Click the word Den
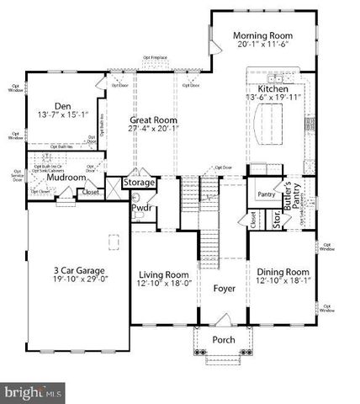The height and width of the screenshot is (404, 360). click(61, 106)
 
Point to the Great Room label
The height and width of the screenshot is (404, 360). click(151, 120)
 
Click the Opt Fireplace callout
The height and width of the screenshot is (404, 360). click(156, 57)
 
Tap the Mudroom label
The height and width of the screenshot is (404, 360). click(67, 178)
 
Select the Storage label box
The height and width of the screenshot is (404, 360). click(139, 182)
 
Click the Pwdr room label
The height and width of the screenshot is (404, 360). click(140, 208)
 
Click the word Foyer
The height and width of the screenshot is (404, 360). click(224, 289)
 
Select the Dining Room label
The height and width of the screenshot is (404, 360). click(283, 273)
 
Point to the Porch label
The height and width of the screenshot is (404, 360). click(223, 340)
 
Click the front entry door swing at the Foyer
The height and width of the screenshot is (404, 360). click(224, 320)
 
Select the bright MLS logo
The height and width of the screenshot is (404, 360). click(33, 392)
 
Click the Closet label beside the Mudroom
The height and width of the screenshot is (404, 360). click(89, 193)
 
